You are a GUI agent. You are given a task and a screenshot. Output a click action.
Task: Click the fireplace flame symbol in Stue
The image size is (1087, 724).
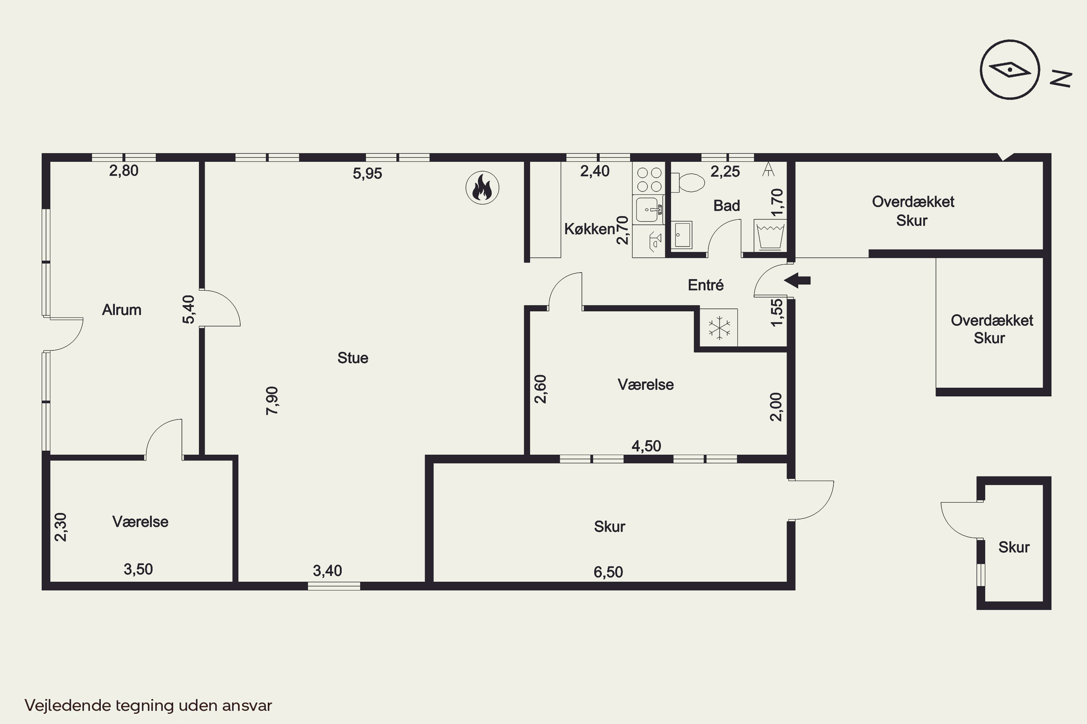click(x=482, y=188)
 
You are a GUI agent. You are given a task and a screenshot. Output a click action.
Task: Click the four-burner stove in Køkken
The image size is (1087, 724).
click(x=649, y=179)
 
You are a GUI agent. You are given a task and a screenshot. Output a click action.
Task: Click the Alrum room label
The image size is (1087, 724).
click(x=121, y=310)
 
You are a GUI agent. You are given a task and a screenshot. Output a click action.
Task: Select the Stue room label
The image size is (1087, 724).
click(x=353, y=358)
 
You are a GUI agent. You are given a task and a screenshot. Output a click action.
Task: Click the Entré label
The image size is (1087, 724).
click(x=706, y=285)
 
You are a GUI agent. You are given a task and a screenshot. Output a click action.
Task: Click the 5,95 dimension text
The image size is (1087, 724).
click(x=367, y=174)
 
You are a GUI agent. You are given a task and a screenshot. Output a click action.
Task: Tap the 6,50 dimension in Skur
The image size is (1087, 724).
click(x=608, y=572)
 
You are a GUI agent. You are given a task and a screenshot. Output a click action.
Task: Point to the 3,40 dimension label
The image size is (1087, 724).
click(x=327, y=571)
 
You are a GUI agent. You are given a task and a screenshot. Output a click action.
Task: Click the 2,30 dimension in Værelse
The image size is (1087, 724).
click(x=61, y=527)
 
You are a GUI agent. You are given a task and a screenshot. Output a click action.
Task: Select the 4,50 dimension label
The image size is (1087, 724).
click(x=646, y=446)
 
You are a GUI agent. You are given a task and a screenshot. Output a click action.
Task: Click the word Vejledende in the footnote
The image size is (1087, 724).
click(x=68, y=706)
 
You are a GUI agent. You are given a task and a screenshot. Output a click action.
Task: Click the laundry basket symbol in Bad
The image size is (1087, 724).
click(x=770, y=236)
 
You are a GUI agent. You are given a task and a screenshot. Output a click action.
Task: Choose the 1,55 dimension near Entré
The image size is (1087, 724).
click(x=777, y=313)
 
